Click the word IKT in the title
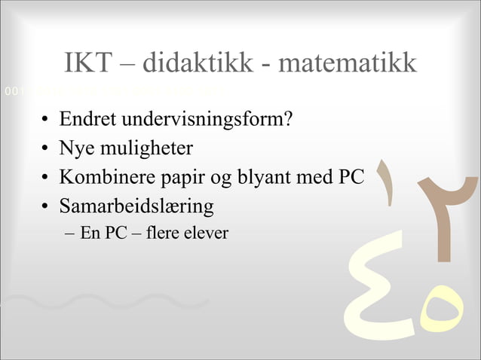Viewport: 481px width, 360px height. [x=87, y=63]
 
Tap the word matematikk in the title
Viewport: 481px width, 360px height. [x=347, y=63]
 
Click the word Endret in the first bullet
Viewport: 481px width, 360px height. [x=88, y=120]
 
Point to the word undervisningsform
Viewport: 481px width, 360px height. [x=202, y=121]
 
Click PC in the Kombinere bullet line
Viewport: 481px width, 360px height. [x=351, y=178]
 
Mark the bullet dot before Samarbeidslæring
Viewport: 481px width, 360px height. [x=46, y=206]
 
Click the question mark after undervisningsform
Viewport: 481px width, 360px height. [x=287, y=120]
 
